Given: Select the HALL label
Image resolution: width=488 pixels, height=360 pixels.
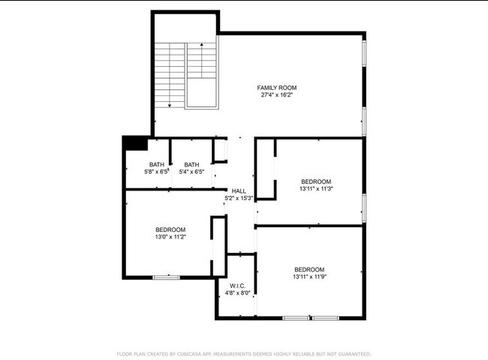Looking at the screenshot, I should tap(239, 191).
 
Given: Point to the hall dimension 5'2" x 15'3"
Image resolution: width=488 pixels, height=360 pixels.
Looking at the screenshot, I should tap(239, 199).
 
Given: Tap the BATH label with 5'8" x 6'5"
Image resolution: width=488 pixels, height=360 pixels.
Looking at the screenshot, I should tap(156, 165).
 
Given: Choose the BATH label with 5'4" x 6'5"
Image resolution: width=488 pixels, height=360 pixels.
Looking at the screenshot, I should tap(191, 165).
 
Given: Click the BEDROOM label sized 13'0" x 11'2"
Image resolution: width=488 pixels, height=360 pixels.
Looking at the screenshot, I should tap(170, 229).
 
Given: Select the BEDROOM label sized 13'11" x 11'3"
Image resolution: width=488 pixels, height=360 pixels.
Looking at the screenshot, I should tap(316, 181).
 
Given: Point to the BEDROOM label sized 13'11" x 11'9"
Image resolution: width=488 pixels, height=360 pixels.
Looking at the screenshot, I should tap(309, 269).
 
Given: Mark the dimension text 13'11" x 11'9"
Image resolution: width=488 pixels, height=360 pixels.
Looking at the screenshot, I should tap(309, 277).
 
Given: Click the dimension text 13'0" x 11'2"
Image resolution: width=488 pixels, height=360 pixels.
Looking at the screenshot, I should tap(170, 237).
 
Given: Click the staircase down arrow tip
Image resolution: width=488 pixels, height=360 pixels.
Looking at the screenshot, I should tap(170, 106).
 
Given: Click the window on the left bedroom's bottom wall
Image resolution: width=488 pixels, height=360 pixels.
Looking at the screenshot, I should tap(166, 277).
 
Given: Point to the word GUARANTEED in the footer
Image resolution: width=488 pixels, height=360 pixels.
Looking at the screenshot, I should tap(353, 353).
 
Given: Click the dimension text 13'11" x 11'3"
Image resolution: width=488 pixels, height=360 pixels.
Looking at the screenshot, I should tap(316, 189).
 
